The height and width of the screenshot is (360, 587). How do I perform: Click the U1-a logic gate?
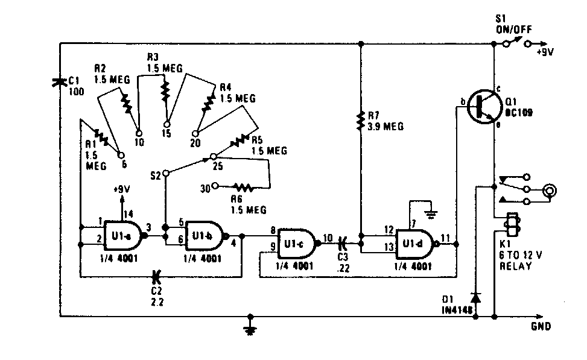(x=123, y=233)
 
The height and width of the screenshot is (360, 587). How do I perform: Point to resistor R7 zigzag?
(x=360, y=119)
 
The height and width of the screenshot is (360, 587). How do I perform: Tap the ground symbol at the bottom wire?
(x=249, y=329)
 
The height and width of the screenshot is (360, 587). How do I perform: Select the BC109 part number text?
(x=519, y=112)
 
